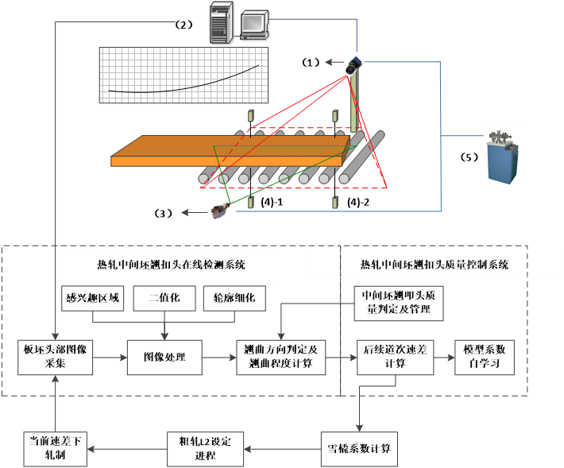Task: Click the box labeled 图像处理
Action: click(164, 358)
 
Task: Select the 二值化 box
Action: click(164, 298)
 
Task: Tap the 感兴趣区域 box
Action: click(92, 298)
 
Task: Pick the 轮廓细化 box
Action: click(234, 298)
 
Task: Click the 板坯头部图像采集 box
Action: click(55, 358)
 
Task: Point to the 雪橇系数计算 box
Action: click(359, 449)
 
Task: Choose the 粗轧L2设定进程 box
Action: click(205, 449)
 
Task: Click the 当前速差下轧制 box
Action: click(55, 449)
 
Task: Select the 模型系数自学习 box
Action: click(485, 358)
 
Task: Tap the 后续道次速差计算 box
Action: click(395, 358)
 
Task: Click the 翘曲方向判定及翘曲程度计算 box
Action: click(281, 358)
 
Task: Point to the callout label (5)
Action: click(469, 157)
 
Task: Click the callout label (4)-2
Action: click(358, 202)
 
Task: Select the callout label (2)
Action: click(183, 25)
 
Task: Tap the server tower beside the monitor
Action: click(221, 23)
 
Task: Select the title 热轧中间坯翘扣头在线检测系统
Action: click(171, 265)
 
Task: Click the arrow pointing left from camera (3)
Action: click(195, 213)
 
